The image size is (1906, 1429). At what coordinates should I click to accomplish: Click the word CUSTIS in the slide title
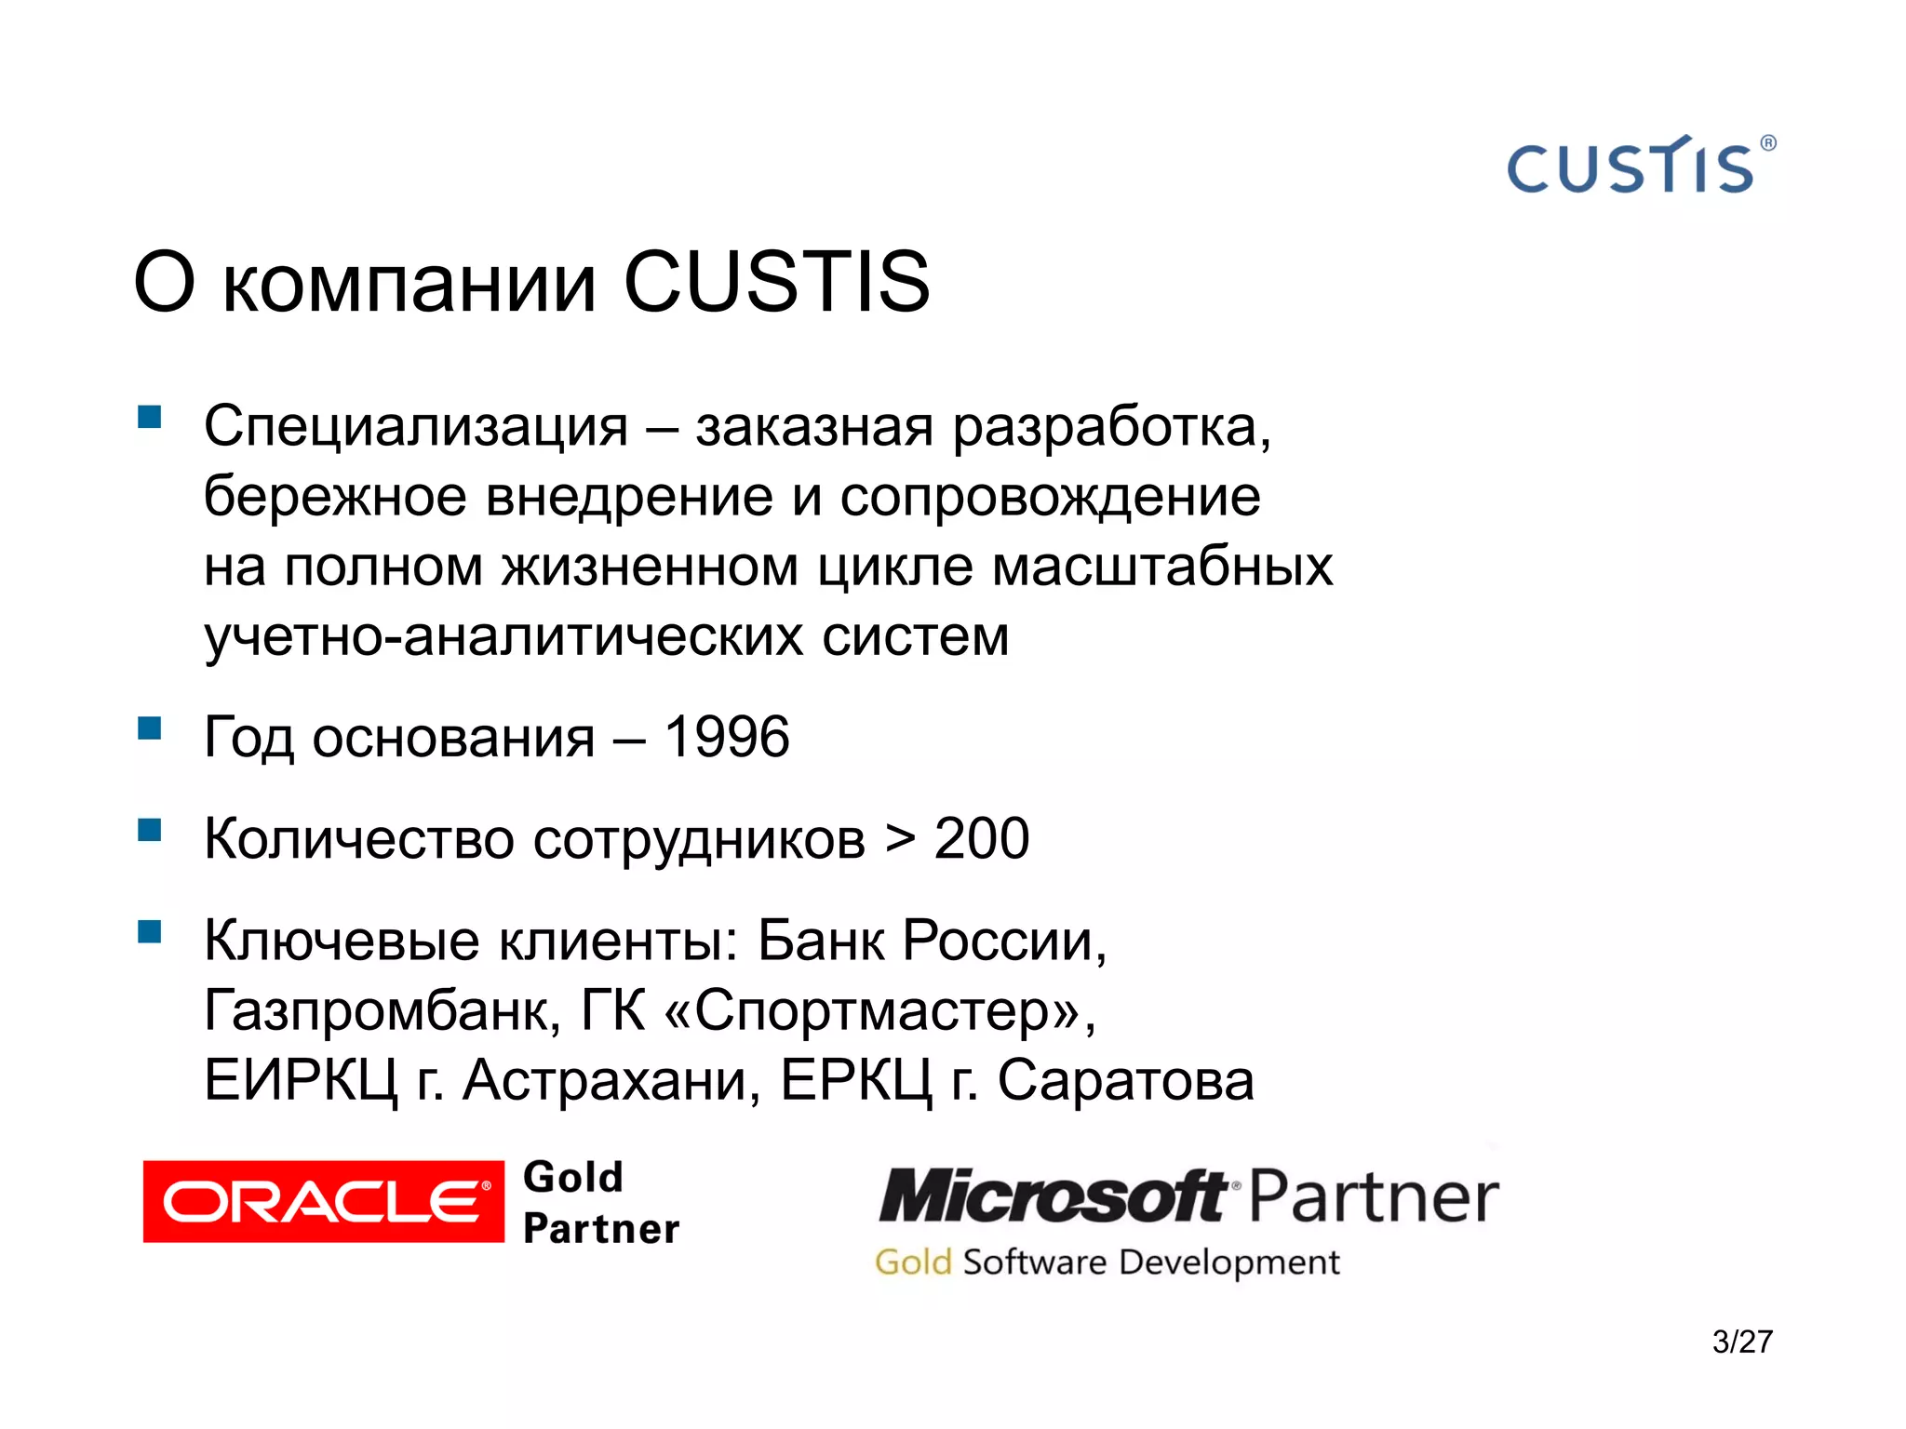[776, 282]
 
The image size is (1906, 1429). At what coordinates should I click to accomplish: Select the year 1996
[727, 737]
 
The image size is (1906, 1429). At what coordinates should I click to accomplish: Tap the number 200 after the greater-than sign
[982, 838]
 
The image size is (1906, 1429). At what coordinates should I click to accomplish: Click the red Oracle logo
[323, 1201]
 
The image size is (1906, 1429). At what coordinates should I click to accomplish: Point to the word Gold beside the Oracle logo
[573, 1177]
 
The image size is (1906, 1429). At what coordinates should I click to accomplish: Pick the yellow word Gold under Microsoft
[913, 1262]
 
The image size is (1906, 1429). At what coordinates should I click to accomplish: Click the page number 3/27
[1742, 1342]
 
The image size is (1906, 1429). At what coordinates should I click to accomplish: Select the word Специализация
[416, 426]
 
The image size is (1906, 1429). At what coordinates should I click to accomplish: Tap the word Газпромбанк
[383, 1010]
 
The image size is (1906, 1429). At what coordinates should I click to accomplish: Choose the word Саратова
[1125, 1080]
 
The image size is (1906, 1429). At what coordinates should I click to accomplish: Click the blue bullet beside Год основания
[150, 728]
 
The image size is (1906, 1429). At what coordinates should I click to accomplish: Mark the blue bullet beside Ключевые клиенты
[150, 931]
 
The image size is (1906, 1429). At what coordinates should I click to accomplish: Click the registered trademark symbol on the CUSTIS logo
[1768, 143]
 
